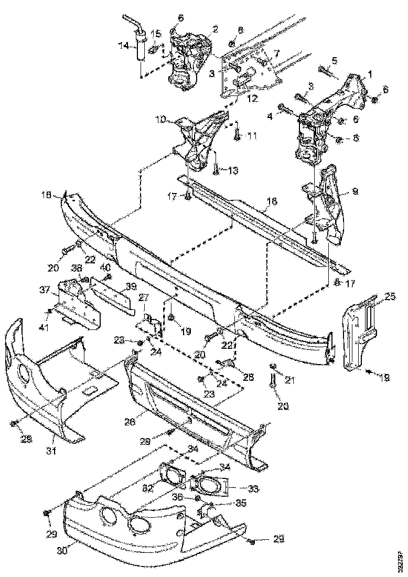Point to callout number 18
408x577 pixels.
tap(46, 196)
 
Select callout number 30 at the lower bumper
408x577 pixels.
tap(62, 551)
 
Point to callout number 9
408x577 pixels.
tap(355, 192)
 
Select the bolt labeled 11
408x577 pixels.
tap(237, 136)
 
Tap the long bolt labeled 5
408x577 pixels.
tap(324, 71)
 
